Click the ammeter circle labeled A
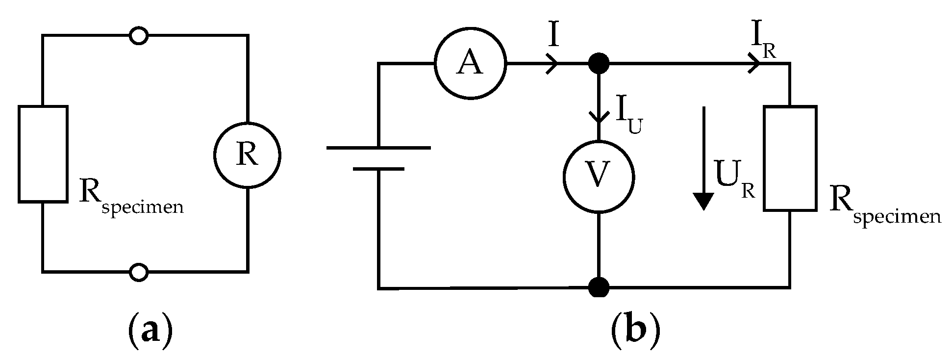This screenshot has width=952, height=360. pyautogui.click(x=470, y=64)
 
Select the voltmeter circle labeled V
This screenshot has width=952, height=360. pyautogui.click(x=598, y=177)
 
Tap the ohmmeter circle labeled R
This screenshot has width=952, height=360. pyautogui.click(x=247, y=155)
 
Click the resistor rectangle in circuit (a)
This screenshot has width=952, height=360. pyautogui.click(x=43, y=154)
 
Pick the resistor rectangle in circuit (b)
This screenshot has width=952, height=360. pyautogui.click(x=789, y=158)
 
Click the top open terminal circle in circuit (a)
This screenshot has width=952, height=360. pyautogui.click(x=139, y=36)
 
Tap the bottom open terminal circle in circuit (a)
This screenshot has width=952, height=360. pyautogui.click(x=139, y=271)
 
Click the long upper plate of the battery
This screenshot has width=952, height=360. pyautogui.click(x=378, y=148)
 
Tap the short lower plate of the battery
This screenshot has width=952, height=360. pyautogui.click(x=378, y=169)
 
